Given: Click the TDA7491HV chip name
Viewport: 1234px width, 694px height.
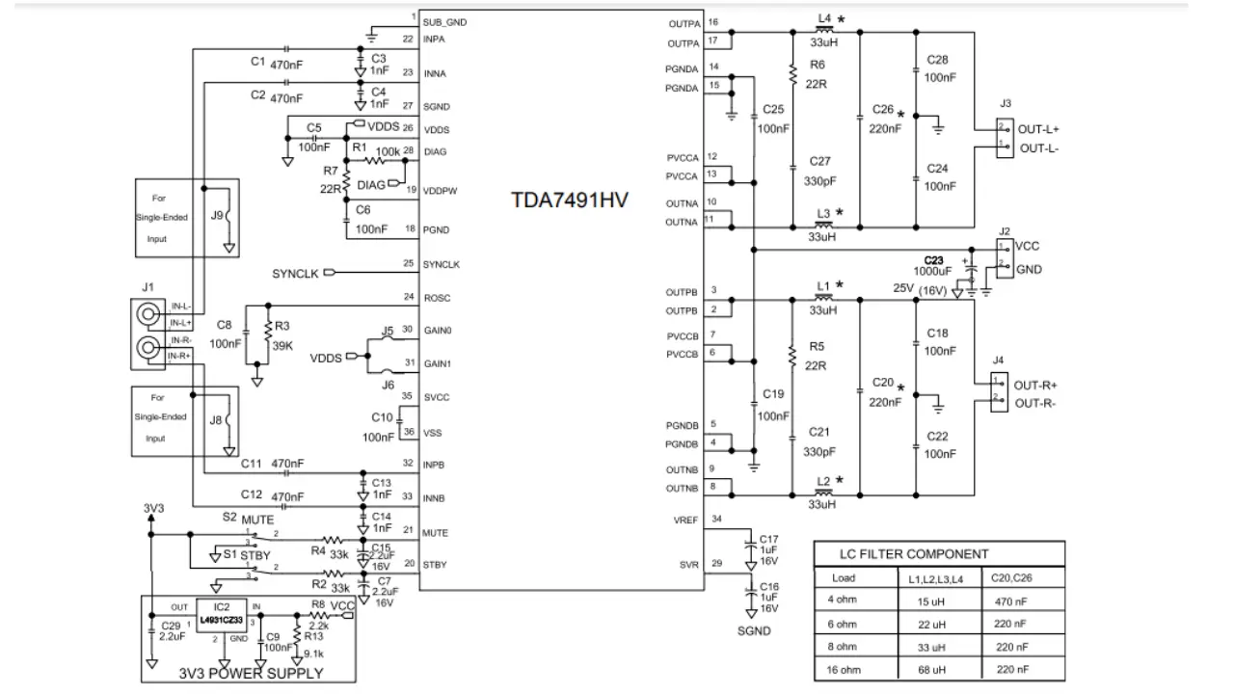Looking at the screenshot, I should click(x=570, y=201).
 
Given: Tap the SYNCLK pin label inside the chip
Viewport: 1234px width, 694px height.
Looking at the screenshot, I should click(x=442, y=264).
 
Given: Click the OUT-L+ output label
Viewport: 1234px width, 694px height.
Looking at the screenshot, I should click(x=1040, y=128).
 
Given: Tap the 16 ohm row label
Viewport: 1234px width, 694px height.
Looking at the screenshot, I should click(x=844, y=670).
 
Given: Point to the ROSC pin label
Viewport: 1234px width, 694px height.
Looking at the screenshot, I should click(x=438, y=297).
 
